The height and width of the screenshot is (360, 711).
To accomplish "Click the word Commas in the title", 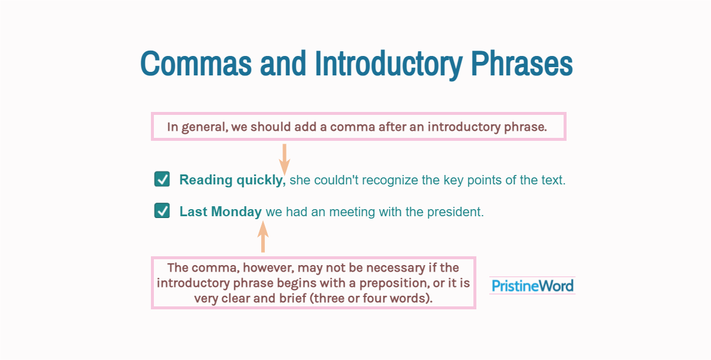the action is coord(196,64).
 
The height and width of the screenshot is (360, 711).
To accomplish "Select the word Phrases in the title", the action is coord(522,64).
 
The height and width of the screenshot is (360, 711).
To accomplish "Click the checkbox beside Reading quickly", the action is coord(162,179).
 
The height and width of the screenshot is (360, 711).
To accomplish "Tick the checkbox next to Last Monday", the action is coord(162,210).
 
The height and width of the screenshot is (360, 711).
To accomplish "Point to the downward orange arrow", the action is coord(284,159).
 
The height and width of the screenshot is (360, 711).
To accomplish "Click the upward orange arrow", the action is coord(263,237).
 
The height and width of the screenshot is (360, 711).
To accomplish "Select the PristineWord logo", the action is coord(532,285).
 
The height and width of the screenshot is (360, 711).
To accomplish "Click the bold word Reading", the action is coord(206,180).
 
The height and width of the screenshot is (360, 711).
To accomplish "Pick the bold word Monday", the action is coord(236,212).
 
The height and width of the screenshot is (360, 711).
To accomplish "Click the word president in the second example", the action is coord(456,212).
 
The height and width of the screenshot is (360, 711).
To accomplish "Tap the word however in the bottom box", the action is coord(268,268).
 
